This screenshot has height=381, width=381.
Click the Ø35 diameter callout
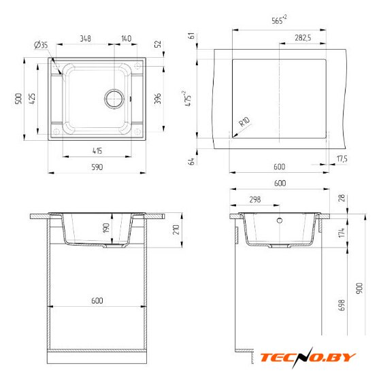pyautogui.click(x=41, y=45)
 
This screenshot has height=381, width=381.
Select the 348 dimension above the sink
pyautogui.click(x=85, y=38)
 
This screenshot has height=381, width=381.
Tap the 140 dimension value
pyautogui.click(x=126, y=38)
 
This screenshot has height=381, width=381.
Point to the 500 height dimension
pyautogui.click(x=18, y=99)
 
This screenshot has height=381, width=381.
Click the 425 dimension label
pyautogui.click(x=32, y=99)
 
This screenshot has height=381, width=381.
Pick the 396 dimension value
pyautogui.click(x=158, y=99)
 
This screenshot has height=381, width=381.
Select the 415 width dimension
pyautogui.click(x=97, y=151)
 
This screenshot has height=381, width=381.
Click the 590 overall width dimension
pyautogui.click(x=97, y=167)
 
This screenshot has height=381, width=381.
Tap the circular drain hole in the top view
pyautogui.click(x=114, y=99)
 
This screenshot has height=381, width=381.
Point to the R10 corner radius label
pyautogui.click(x=244, y=122)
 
